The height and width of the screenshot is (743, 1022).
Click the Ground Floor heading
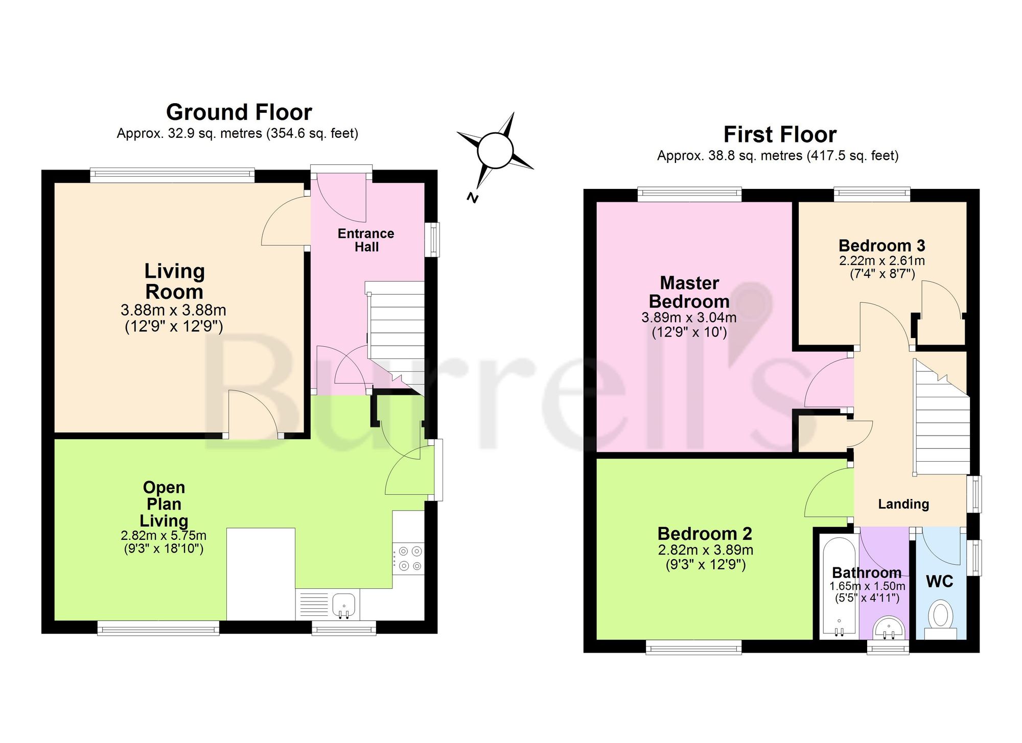pos(239,112)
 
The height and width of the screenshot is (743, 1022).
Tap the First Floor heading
pos(780,135)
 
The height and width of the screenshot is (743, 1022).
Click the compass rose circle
pos(495,150)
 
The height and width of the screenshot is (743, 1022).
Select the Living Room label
pos(175,281)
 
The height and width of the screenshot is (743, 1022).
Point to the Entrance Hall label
pos(366,240)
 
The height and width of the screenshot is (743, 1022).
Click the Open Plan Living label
pos(164,504)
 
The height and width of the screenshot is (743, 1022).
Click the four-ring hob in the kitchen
pos(408,558)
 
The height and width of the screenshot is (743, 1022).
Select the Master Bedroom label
pos(689,292)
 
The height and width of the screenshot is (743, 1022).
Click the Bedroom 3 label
pos(882,246)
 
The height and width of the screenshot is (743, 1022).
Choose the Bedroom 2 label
pos(705,534)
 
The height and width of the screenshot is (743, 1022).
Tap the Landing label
pos(903,504)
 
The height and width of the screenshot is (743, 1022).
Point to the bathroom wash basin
pos(888,628)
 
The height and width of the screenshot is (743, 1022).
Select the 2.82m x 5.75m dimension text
pos(164,536)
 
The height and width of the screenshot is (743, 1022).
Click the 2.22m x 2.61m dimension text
pos(882,261)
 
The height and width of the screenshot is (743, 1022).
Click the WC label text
pos(940,581)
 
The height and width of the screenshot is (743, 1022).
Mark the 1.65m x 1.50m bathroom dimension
pos(867,586)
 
